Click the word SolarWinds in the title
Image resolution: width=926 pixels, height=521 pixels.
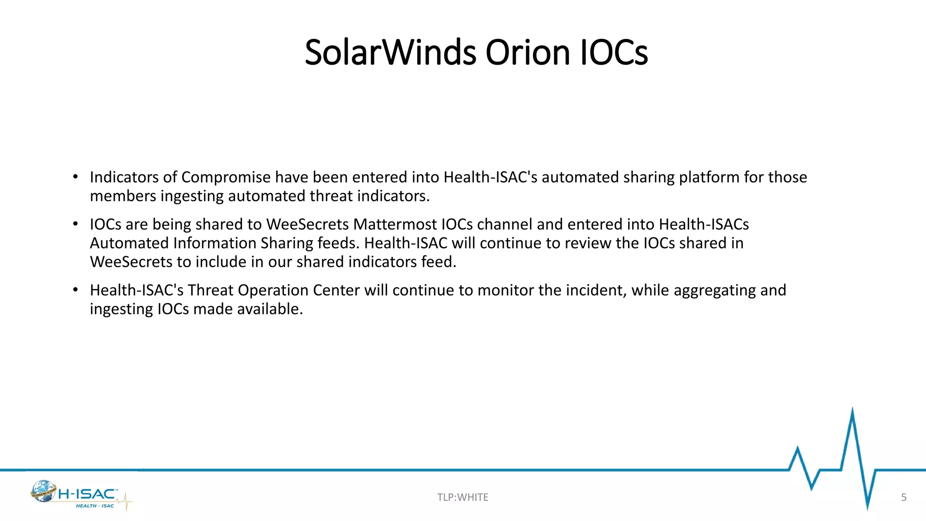390,52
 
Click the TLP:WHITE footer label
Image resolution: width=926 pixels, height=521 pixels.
463,497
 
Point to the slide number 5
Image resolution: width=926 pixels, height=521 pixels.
903,497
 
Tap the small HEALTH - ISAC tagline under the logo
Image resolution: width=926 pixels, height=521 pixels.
95,506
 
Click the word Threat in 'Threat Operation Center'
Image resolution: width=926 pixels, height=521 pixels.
211,290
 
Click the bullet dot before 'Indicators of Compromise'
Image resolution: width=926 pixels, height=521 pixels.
76,177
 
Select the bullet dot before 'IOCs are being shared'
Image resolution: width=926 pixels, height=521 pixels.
76,224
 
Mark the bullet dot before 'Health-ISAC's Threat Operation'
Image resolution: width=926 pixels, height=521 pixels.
76,290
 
